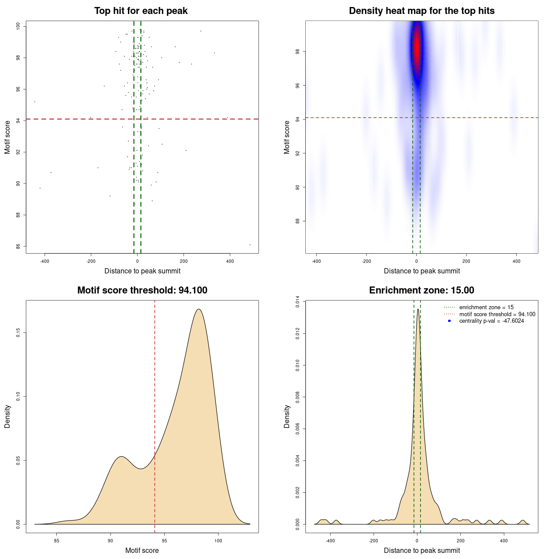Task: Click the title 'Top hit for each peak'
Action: coord(141,11)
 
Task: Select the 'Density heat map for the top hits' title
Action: coord(421,11)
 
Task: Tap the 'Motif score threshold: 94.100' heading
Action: coord(142,290)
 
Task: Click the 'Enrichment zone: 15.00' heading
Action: coord(421,290)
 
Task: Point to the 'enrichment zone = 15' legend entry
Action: coord(486,307)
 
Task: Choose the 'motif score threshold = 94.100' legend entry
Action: coord(497,314)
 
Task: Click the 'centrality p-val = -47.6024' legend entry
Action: coord(491,321)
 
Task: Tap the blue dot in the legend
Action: coord(449,321)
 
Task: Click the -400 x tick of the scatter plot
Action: coord(45,262)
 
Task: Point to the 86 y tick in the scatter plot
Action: coord(18,246)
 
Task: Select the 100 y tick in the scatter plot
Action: coord(18,26)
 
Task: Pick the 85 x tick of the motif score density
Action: coord(56,541)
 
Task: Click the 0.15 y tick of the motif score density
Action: coord(18,333)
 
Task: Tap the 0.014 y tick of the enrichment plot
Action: coord(298,302)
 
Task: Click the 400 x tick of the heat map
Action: coord(516,262)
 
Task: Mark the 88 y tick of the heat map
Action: coord(298,221)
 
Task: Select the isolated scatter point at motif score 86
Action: coord(250,245)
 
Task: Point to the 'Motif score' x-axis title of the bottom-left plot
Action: coord(142,550)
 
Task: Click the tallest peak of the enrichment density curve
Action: coord(418,309)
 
